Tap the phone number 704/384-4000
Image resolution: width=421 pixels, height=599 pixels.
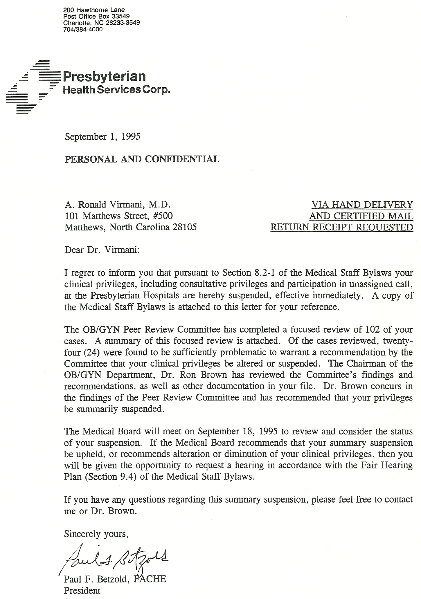[83, 29]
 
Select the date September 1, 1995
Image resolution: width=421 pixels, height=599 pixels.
[102, 136]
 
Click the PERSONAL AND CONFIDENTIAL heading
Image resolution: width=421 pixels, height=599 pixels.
[142, 159]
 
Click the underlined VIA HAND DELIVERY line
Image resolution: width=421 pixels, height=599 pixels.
[362, 205]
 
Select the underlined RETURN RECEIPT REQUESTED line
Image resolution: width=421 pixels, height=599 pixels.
[341, 227]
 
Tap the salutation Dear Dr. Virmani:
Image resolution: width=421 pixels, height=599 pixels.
[102, 250]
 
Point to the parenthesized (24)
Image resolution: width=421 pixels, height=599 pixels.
[91, 352]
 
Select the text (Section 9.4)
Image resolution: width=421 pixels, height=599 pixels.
[111, 477]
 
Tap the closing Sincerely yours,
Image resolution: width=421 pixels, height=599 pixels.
[96, 534]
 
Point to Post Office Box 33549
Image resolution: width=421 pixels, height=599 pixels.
[96, 16]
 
